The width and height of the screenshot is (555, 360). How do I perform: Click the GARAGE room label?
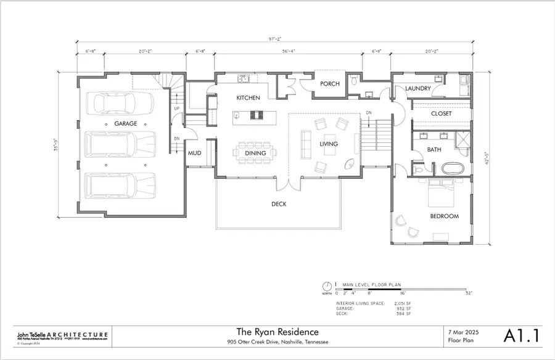point(125,124)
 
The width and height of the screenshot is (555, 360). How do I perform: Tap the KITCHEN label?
point(249,98)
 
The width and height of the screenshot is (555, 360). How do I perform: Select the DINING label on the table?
point(255,153)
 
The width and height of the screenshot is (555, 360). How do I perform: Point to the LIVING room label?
point(329,144)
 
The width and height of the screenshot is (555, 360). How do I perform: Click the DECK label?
point(279,204)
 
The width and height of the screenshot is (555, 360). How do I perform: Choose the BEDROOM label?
point(444,216)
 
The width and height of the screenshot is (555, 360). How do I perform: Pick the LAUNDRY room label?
point(418,89)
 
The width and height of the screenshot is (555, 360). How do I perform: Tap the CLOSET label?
point(441,114)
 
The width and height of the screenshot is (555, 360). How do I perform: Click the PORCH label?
point(329,84)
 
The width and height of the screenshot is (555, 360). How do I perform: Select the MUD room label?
point(195,153)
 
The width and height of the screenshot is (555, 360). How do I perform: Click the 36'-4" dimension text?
point(287,52)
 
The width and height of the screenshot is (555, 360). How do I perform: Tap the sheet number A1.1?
point(522,336)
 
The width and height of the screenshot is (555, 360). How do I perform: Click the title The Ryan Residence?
point(277,332)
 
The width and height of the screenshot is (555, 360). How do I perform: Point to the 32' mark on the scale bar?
point(469,293)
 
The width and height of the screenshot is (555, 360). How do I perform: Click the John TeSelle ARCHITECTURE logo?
point(62,335)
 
